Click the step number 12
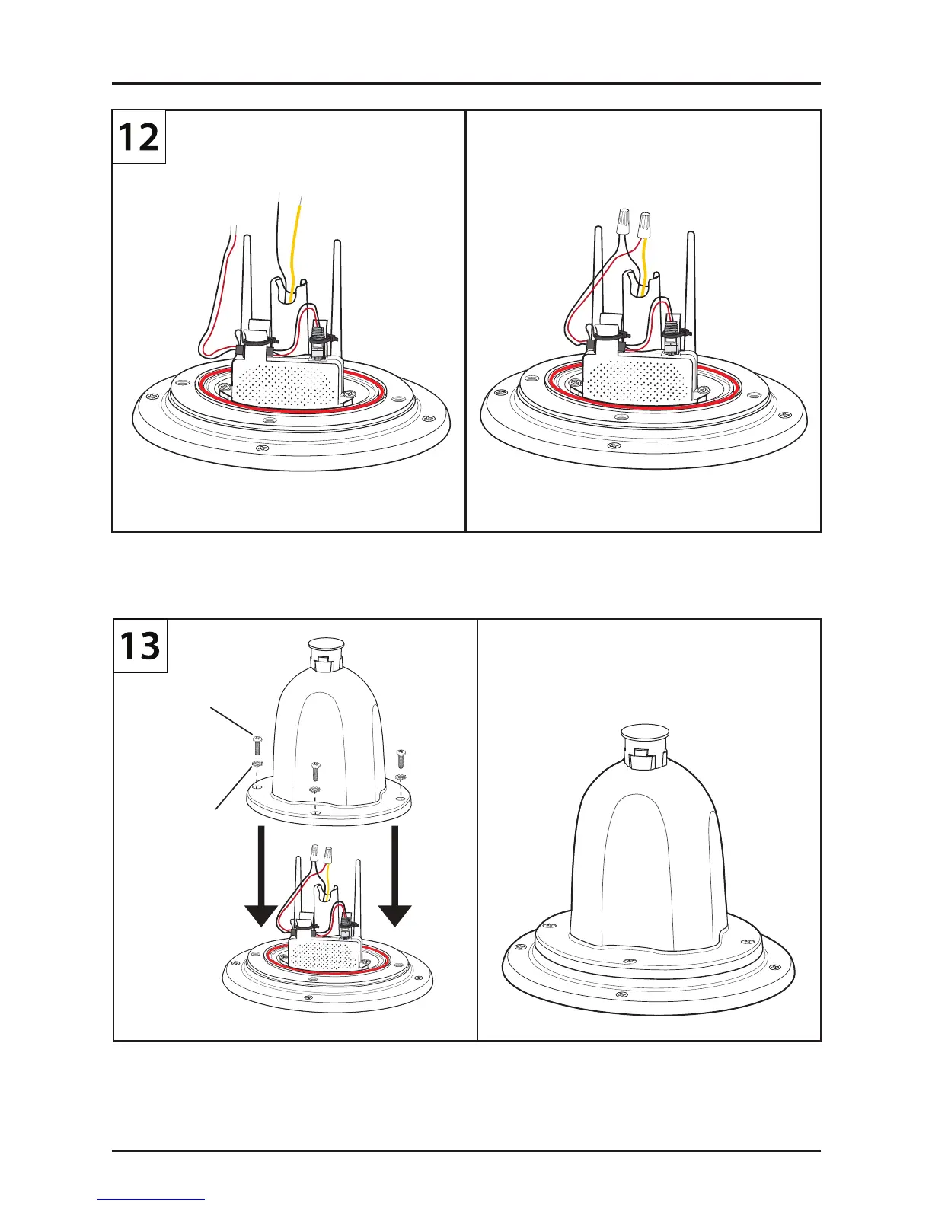[x=139, y=138]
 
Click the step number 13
[x=140, y=646]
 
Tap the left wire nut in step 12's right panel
[x=622, y=222]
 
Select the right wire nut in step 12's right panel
[x=645, y=224]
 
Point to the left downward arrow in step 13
[x=261, y=876]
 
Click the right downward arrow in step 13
[x=395, y=876]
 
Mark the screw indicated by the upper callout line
[x=257, y=742]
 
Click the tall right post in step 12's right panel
[x=691, y=282]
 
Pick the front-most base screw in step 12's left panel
[x=263, y=448]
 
